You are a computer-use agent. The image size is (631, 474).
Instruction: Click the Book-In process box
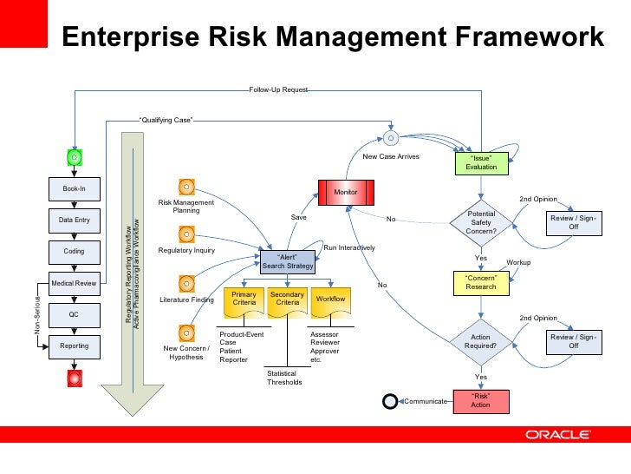coord(75,188)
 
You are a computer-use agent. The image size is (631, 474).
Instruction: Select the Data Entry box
coord(75,221)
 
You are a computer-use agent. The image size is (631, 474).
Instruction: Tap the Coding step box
coord(75,252)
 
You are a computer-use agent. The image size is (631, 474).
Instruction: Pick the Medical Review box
coord(75,283)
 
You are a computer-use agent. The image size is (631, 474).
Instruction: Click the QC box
coord(75,314)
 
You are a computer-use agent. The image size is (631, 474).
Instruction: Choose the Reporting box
coord(75,346)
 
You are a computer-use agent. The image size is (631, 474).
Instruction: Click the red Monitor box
coord(346,191)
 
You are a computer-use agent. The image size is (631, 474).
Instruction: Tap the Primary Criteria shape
coord(244,300)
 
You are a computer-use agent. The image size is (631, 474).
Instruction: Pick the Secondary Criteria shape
coord(288,300)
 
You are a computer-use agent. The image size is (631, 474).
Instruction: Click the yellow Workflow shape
coord(330,300)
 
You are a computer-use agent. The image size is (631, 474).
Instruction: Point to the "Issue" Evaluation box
coord(480,162)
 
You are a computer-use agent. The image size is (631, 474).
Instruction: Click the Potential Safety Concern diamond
coord(480,222)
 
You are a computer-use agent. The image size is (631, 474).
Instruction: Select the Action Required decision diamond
coord(480,341)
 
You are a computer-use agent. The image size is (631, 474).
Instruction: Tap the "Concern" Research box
coord(480,282)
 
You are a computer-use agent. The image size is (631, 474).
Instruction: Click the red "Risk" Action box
coord(480,400)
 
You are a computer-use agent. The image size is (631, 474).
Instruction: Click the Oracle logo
coord(557,435)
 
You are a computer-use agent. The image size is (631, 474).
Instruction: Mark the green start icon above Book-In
coord(75,157)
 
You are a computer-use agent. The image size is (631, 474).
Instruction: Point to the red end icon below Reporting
coord(75,379)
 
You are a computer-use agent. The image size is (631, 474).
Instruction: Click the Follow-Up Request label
coord(277,89)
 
